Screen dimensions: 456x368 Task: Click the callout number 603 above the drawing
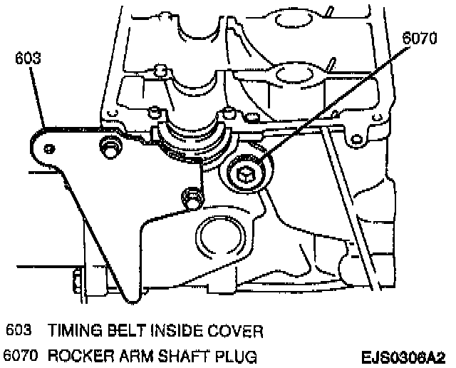coord(28,60)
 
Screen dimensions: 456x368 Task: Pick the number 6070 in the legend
coord(20,354)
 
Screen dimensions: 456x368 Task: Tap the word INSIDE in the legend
coord(175,332)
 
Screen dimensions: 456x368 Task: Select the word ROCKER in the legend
coord(80,354)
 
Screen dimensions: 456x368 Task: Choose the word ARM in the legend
coord(133,354)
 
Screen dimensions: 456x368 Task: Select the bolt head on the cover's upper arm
coord(109,148)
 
